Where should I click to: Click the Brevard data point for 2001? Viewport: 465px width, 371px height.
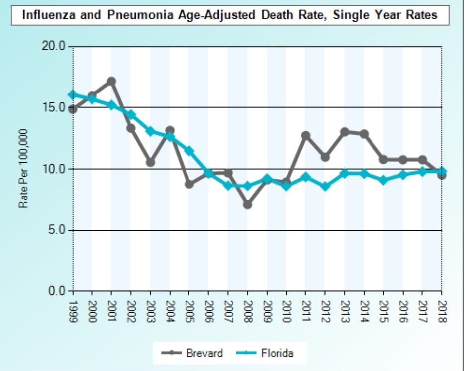(x=111, y=81)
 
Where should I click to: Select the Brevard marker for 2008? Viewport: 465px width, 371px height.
(x=248, y=204)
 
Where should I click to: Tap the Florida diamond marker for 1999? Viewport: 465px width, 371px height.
(x=73, y=94)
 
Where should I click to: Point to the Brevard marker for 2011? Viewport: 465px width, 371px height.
(x=306, y=135)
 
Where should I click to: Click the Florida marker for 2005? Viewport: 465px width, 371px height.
(x=189, y=151)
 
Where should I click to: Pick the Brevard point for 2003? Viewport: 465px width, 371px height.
(x=150, y=162)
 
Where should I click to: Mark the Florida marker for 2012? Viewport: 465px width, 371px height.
(x=325, y=186)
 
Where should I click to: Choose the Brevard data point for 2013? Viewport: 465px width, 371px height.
(x=345, y=132)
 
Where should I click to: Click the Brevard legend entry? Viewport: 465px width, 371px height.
(x=193, y=353)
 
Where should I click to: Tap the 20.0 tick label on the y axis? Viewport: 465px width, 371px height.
(x=55, y=46)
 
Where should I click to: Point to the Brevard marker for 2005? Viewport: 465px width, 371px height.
(x=189, y=184)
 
